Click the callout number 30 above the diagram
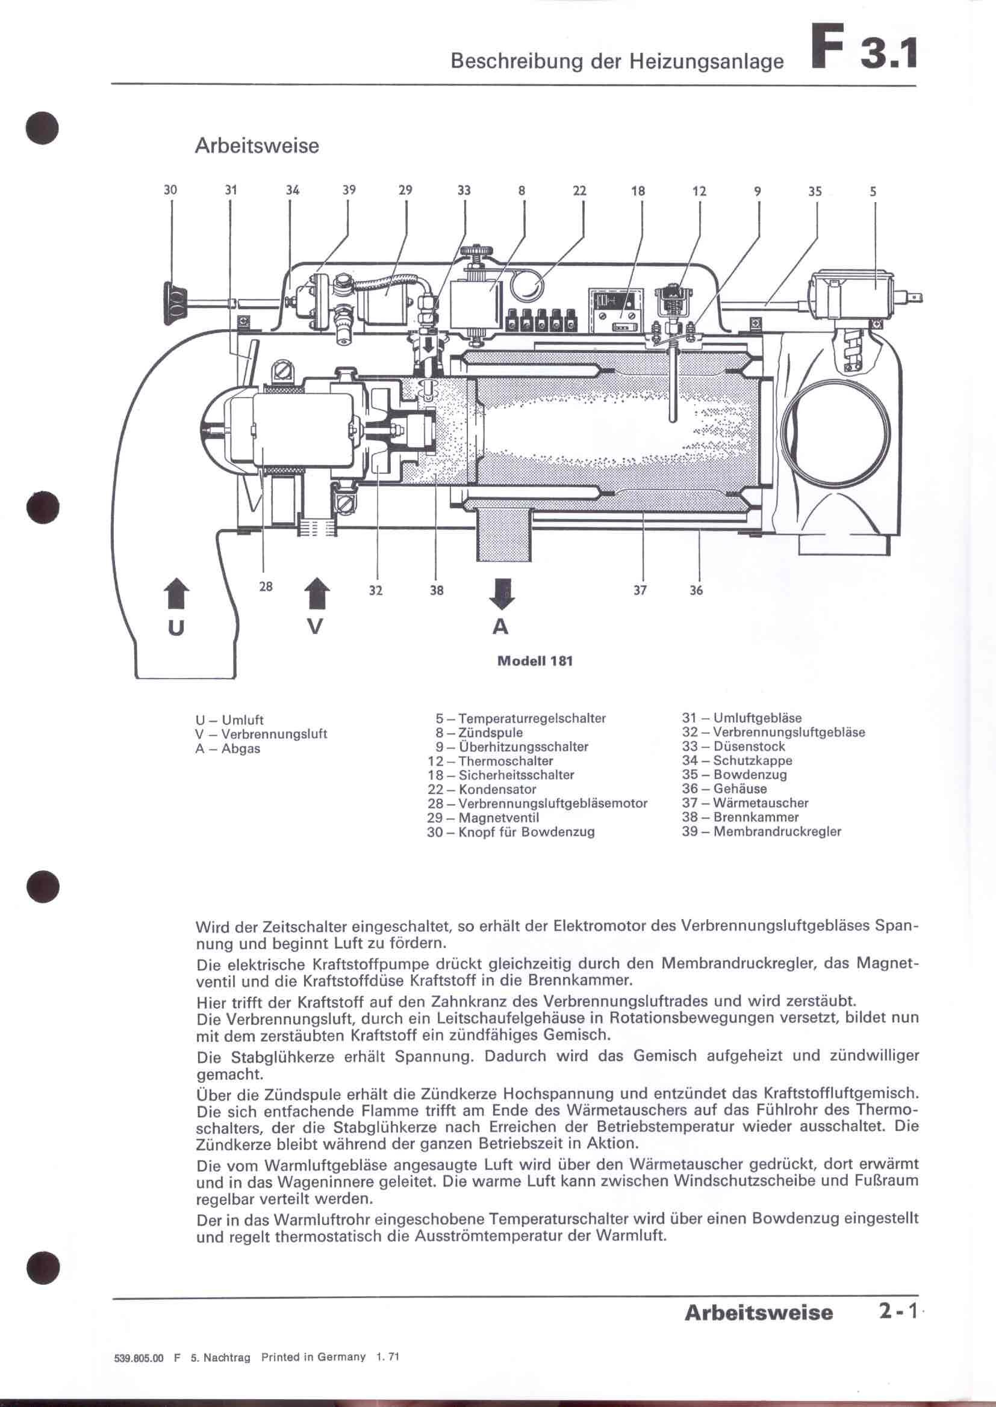point(170,190)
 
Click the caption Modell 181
point(535,661)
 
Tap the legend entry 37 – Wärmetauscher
point(744,803)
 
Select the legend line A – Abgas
point(228,749)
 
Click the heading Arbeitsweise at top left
point(257,146)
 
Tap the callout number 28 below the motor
point(265,587)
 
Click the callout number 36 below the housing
point(696,590)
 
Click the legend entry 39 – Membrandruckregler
point(761,831)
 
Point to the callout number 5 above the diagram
point(873,191)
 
